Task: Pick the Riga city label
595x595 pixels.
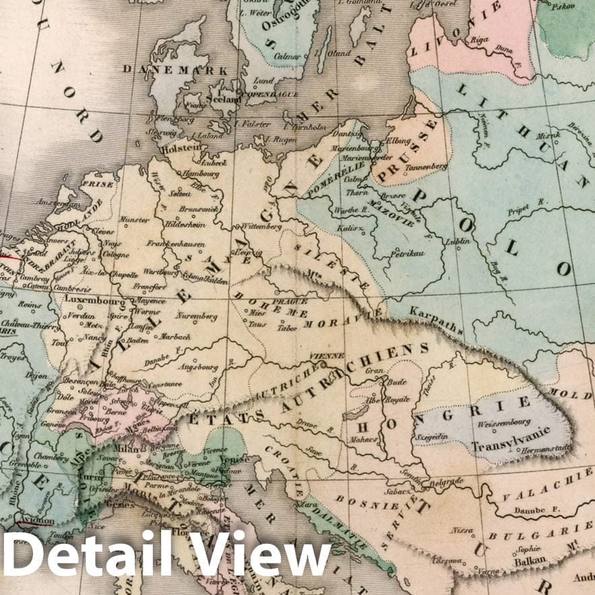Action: [480, 40]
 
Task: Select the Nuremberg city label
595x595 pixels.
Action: [196, 315]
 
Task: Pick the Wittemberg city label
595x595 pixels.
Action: [261, 226]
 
